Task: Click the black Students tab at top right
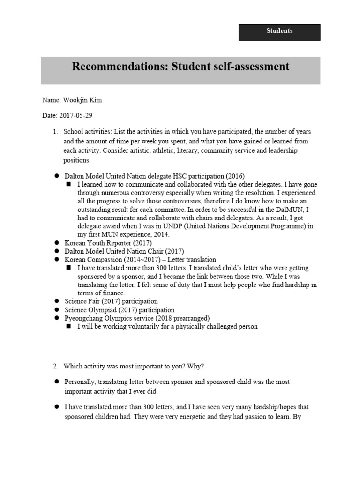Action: (279, 31)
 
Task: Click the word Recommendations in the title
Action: (115, 67)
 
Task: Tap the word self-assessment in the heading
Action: (253, 67)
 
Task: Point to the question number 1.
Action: (55, 132)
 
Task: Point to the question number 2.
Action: (55, 366)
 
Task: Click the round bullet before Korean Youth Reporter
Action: (56, 243)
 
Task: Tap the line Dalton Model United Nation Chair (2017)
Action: (124, 251)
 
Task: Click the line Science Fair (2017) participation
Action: (111, 301)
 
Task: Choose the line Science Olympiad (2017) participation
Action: (120, 310)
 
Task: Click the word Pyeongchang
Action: (83, 318)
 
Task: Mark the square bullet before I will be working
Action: (68, 327)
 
